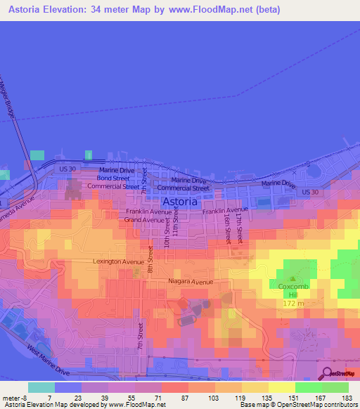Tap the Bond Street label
pyautogui.click(x=112, y=178)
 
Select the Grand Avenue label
pyautogui.click(x=143, y=220)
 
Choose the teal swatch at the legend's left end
pyautogui.click(x=41, y=387)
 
